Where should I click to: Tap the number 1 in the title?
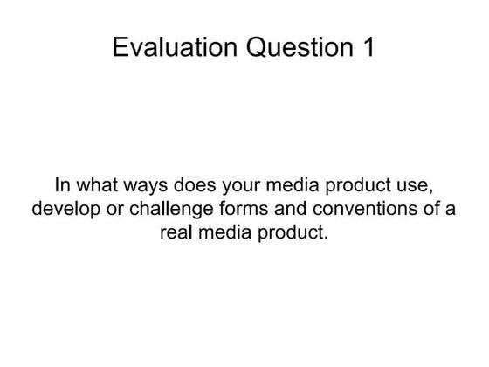click(x=368, y=47)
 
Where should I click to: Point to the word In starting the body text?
click(x=62, y=186)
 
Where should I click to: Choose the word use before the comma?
click(x=415, y=186)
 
